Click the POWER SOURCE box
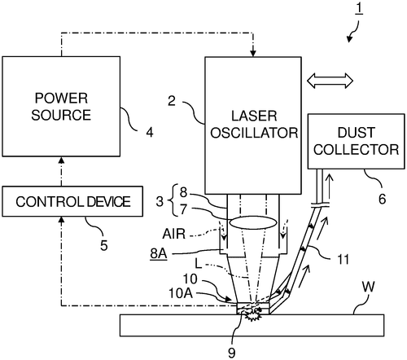pyautogui.click(x=60, y=106)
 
